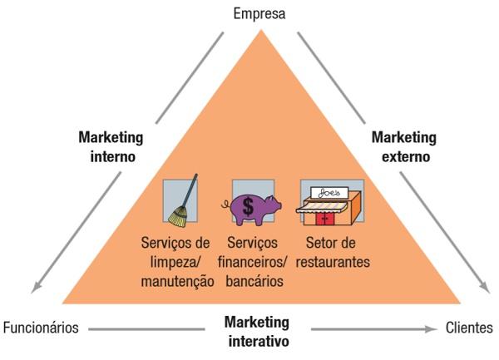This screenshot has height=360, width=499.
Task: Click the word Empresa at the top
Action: click(259, 14)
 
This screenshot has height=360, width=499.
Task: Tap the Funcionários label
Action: click(41, 327)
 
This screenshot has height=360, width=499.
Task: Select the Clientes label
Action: click(469, 327)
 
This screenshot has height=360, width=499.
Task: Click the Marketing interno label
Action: click(111, 145)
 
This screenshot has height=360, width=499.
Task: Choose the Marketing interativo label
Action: click(256, 331)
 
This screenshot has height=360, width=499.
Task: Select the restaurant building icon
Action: click(332, 205)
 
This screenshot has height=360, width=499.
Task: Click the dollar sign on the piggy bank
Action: click(249, 207)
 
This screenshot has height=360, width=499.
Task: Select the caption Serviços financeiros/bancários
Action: click(254, 262)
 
